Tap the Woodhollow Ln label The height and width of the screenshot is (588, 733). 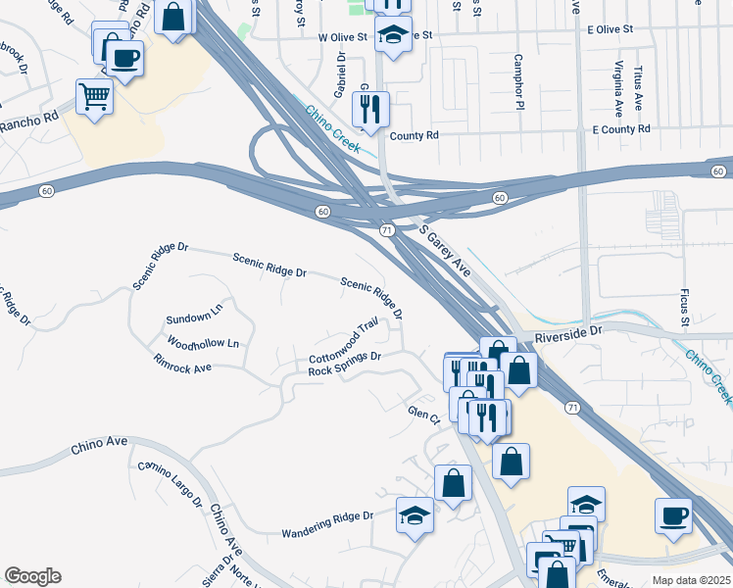203,344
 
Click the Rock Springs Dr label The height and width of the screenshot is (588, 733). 344,364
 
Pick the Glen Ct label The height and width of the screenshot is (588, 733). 423,415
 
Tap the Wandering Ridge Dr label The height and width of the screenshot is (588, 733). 328,524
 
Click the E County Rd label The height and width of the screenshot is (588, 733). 621,128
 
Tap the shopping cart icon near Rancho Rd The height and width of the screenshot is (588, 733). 94,97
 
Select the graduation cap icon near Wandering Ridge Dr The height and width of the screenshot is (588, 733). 415,514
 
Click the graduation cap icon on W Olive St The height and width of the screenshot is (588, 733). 393,34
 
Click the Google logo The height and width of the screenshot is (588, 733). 32,576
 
